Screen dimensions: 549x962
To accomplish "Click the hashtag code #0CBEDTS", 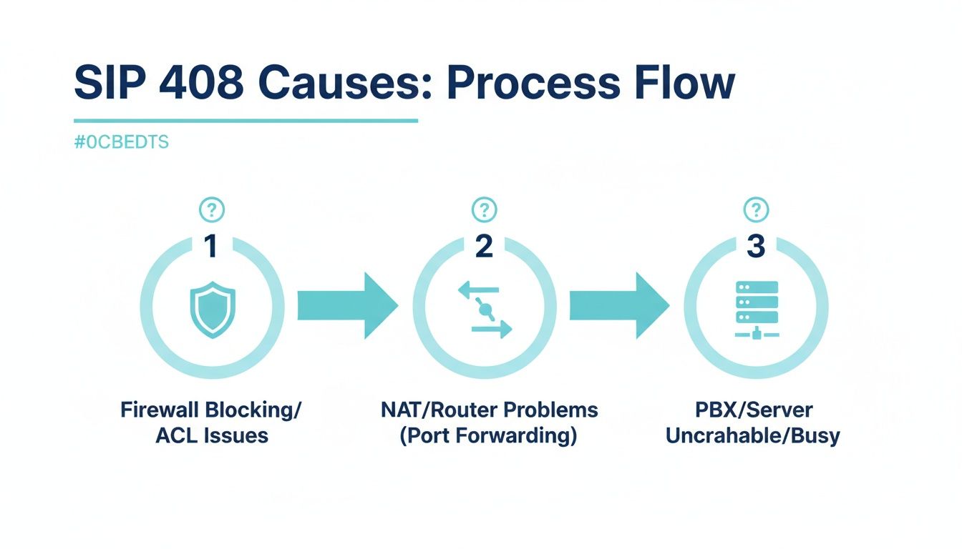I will point(121,142).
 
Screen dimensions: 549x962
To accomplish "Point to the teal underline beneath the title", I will point(246,121).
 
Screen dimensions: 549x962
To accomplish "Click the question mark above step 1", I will point(211,210).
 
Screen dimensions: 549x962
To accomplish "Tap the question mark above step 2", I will point(485,210).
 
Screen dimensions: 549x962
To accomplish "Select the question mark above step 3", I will point(756,210).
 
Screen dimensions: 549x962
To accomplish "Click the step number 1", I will point(210,247).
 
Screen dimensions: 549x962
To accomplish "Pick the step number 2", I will point(485,247).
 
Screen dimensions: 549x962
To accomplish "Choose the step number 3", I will point(756,247).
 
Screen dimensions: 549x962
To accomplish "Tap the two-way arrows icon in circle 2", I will point(485,310).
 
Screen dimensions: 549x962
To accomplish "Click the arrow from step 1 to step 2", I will point(347,305).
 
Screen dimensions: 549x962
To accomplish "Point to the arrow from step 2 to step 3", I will point(619,305).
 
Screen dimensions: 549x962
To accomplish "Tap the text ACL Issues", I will point(211,435).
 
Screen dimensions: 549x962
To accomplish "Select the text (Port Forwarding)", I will point(487,435).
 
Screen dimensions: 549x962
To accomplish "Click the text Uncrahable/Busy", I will point(752,435).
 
